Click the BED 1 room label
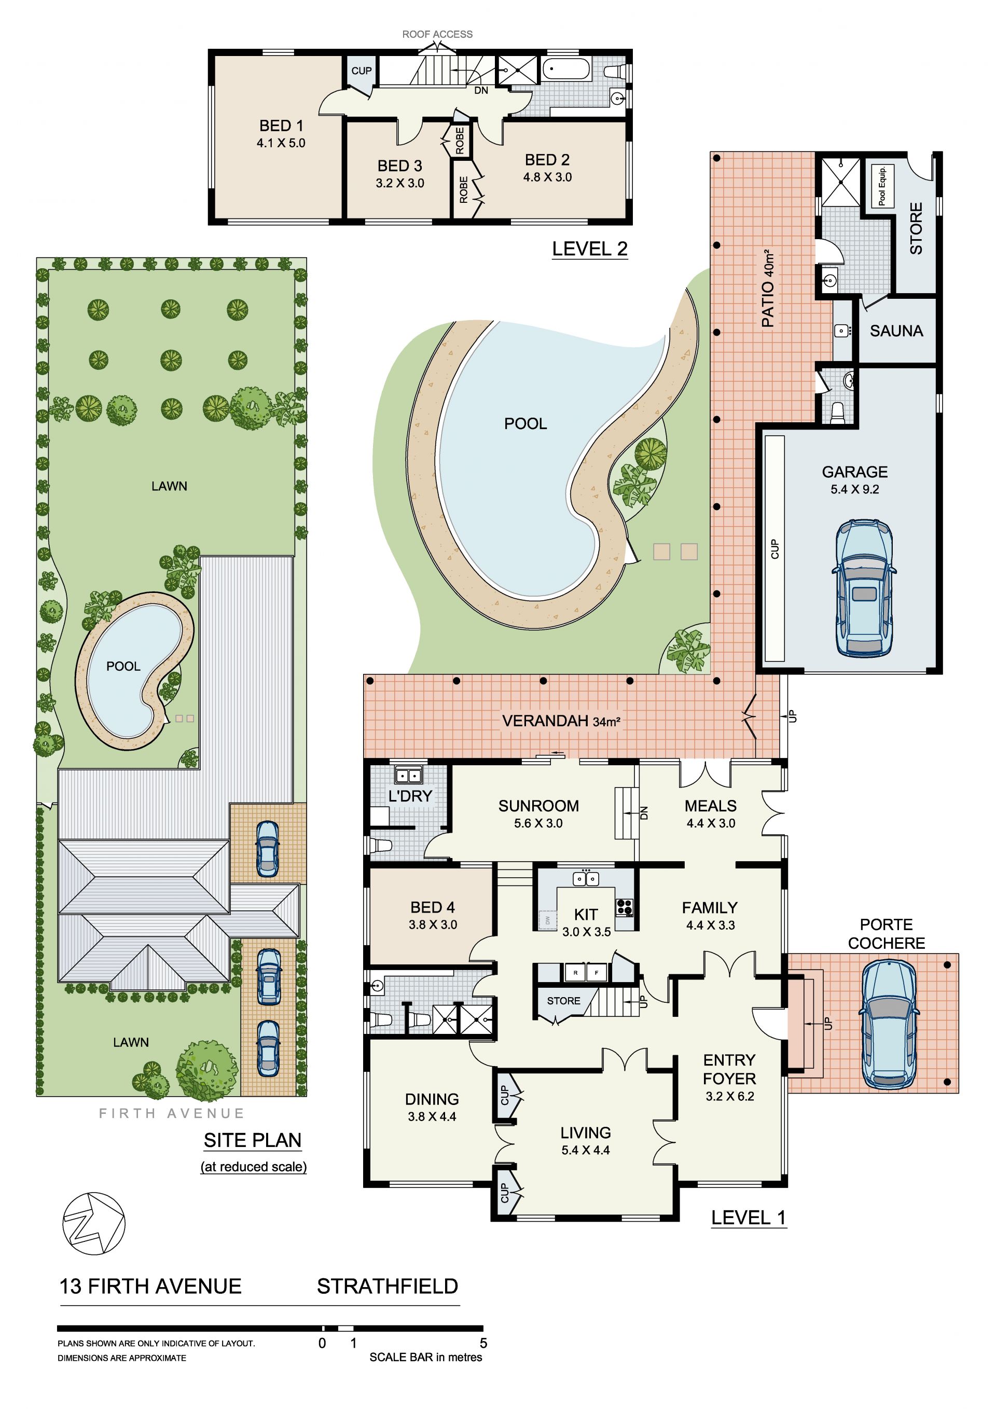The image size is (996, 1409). (281, 126)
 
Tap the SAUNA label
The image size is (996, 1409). (896, 331)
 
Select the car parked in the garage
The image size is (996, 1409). (863, 588)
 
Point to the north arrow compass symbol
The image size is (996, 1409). (94, 1224)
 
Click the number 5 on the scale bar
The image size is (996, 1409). (483, 1343)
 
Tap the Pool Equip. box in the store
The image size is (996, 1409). (882, 185)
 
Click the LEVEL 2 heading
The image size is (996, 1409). (590, 249)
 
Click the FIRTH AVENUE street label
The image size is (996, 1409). (172, 1113)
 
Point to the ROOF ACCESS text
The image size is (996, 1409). (437, 34)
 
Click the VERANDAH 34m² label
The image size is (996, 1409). (561, 721)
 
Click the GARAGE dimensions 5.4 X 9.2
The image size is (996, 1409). (855, 489)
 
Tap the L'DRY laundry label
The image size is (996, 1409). (410, 796)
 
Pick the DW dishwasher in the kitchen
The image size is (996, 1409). (547, 920)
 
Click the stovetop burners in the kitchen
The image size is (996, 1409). (624, 907)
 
